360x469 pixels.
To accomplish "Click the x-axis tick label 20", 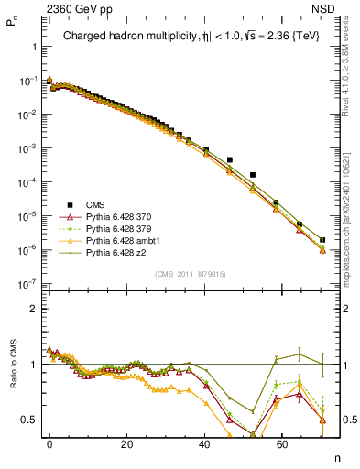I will [x=128, y=442].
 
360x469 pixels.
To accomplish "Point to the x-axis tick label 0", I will [x=49, y=442].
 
